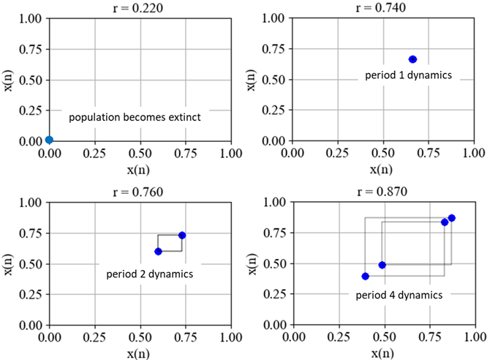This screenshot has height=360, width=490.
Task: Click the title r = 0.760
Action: (x=139, y=192)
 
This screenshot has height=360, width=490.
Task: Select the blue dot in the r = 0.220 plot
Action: (x=49, y=140)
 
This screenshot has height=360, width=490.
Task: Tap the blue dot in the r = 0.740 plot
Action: (x=412, y=59)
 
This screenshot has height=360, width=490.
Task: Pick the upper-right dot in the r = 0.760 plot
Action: (x=182, y=235)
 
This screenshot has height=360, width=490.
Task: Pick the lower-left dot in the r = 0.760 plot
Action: (x=158, y=252)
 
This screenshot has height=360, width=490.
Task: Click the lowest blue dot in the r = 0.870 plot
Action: (x=365, y=277)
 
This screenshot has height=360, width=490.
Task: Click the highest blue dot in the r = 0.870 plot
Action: (x=451, y=218)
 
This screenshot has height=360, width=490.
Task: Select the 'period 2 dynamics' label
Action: (x=149, y=274)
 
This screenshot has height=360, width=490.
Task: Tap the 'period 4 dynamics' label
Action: (x=399, y=296)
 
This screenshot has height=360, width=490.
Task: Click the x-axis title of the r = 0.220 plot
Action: (x=139, y=169)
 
